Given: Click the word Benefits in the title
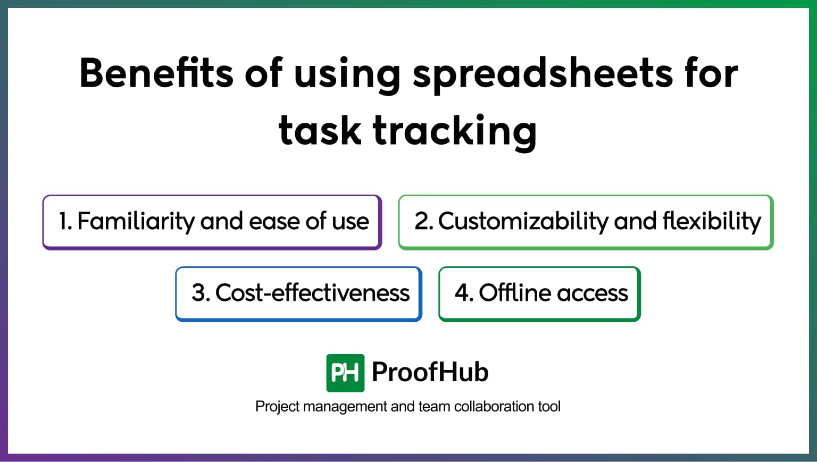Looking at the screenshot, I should coord(156,73).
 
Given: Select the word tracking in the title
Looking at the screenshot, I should coord(455,131).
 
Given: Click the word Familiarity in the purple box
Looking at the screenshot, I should coord(136,221).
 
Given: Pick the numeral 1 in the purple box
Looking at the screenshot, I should coord(63,221).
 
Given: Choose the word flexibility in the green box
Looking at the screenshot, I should coord(712,221).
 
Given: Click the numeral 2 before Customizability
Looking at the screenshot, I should coord(422,221).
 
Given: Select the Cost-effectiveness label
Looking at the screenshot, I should coord(312,293).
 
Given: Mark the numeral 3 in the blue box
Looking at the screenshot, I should coord(199,293).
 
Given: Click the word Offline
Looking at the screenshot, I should coord(514,293).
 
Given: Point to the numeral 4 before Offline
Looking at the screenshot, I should coord(462,293).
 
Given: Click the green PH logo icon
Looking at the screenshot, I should coord(345,373).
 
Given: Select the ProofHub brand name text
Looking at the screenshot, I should coord(430,372).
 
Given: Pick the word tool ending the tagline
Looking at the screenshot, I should coord(549,407).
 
